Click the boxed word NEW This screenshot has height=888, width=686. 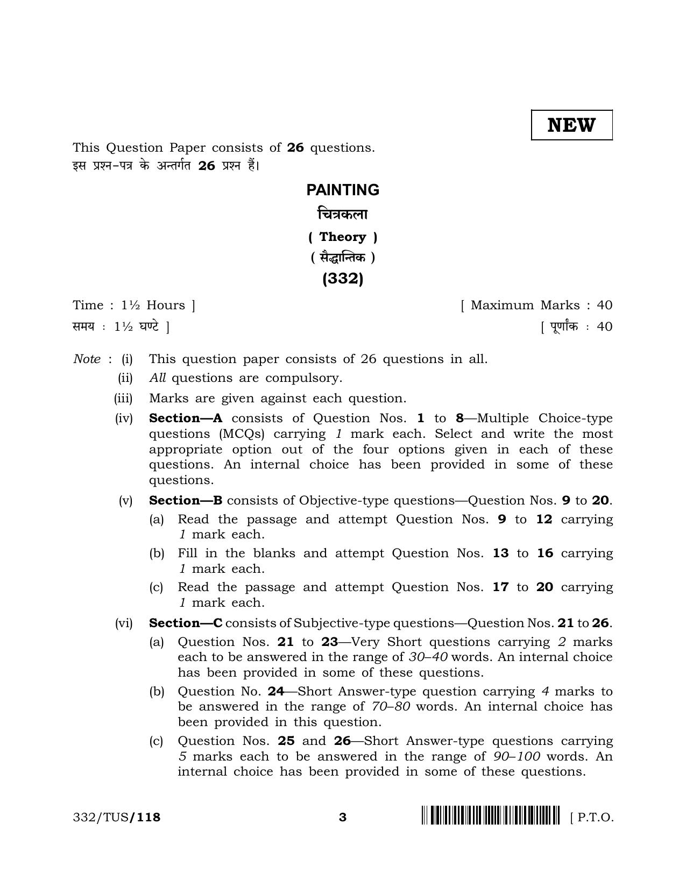pos(571,125)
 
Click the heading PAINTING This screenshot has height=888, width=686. pos(343,190)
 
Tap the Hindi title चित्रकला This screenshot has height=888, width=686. pos(343,214)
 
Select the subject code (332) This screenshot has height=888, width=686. pos(343,279)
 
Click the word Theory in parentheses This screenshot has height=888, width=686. pos(343,237)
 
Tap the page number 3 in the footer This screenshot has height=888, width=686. pos(343,818)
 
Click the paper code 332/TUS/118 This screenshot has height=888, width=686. pos(117,818)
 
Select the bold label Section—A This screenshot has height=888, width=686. pos(186,418)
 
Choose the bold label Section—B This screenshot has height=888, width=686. pos(186,500)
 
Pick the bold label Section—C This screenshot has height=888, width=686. pos(186,623)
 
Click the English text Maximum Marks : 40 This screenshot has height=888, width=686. pos(537,305)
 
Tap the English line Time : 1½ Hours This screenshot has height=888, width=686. pos(134,305)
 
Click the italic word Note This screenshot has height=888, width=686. pos(87,359)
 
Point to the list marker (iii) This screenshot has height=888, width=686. pos(123,398)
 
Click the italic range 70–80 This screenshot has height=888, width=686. pos(391,706)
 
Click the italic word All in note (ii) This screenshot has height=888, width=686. pos(157,378)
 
